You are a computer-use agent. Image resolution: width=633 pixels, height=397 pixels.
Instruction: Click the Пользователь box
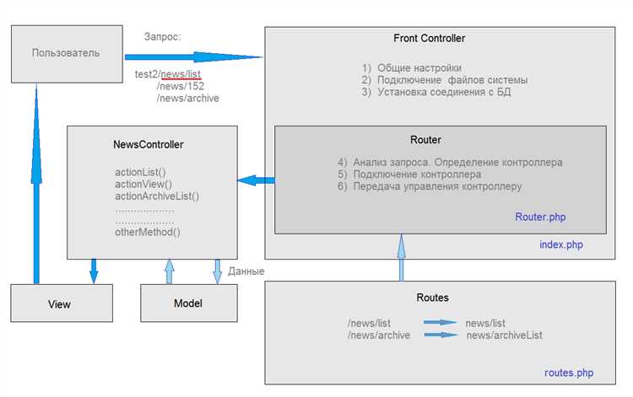(67, 54)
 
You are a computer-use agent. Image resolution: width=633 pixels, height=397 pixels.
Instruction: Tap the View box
(62, 303)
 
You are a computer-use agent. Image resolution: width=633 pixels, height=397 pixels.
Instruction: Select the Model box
(189, 303)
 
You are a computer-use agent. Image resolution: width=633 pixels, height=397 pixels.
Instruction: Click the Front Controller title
(429, 38)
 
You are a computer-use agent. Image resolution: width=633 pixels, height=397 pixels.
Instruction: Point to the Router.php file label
(540, 217)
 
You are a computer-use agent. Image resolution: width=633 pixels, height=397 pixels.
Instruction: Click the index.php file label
(561, 244)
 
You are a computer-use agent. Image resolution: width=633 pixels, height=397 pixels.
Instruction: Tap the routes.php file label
(569, 373)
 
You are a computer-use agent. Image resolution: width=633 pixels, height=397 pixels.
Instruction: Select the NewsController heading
(149, 144)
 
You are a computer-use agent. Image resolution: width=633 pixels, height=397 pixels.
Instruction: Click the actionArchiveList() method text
(157, 196)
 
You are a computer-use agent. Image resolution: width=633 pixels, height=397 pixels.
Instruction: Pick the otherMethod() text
(148, 232)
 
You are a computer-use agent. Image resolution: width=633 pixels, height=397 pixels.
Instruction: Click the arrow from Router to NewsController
(256, 180)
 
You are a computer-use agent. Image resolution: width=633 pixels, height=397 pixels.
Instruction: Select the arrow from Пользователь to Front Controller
(194, 56)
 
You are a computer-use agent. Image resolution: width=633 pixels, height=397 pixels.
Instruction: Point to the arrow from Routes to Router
(401, 257)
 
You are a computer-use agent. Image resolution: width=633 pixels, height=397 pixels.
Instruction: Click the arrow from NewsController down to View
(94, 271)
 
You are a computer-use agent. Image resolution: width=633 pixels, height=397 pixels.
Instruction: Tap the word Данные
(246, 271)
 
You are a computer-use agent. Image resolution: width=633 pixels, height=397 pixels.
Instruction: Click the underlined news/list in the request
(181, 74)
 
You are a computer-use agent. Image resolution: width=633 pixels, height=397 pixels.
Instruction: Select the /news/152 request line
(181, 86)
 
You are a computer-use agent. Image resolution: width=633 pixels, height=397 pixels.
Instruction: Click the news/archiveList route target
(504, 335)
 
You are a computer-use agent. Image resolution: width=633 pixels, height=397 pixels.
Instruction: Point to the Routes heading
(432, 298)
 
